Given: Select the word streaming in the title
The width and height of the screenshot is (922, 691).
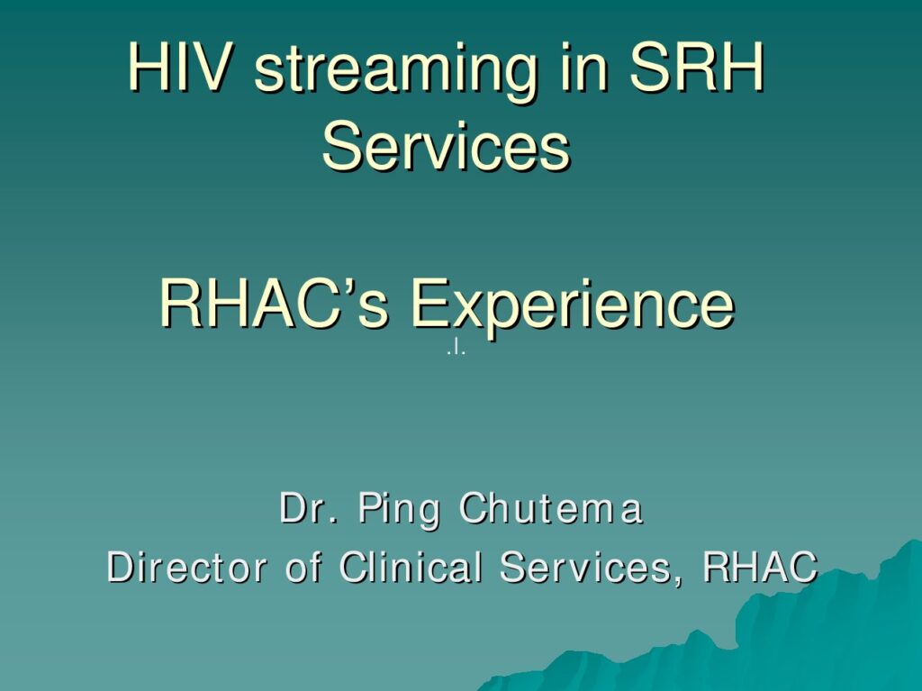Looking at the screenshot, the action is pos(396,73).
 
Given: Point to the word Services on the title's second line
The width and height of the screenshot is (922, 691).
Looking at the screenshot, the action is pos(447,145).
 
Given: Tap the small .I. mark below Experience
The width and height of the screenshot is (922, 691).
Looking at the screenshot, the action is pos(456,350).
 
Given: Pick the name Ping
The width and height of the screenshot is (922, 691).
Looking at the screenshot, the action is pos(399,510).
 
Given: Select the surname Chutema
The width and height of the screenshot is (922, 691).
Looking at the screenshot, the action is pos(550,507).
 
